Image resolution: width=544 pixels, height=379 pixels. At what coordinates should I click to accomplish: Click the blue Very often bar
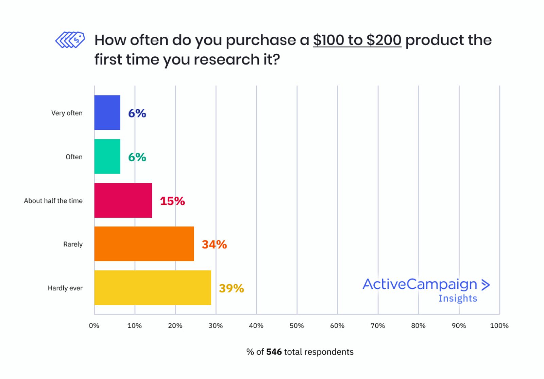[107, 113]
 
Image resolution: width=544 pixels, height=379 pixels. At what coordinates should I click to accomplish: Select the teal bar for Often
[107, 157]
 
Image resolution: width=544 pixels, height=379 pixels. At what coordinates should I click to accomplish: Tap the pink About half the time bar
[123, 200]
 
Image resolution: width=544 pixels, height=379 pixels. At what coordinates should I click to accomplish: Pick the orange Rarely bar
[144, 244]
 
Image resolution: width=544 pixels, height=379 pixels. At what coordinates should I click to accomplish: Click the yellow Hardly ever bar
[152, 288]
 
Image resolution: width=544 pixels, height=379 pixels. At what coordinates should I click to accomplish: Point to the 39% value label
[231, 288]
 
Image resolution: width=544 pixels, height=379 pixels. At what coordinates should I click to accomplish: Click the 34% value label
[214, 245]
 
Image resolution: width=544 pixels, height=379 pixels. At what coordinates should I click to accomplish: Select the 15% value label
[172, 201]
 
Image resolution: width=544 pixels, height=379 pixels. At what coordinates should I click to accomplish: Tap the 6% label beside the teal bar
[137, 157]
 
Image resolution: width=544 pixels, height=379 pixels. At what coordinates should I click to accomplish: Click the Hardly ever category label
[65, 288]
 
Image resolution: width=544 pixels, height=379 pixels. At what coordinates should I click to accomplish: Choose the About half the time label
[53, 201]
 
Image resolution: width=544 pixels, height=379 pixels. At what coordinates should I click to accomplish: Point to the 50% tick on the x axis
[296, 326]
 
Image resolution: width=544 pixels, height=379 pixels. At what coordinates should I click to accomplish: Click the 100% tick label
[499, 326]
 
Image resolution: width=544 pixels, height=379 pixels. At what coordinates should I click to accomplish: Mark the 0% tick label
[94, 326]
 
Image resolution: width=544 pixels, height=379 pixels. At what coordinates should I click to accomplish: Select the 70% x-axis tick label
[378, 326]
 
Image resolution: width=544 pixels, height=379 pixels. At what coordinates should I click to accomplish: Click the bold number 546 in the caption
[274, 352]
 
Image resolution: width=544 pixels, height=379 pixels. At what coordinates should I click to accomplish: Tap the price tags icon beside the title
[70, 40]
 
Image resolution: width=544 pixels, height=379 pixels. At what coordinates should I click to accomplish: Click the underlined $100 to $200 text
[357, 40]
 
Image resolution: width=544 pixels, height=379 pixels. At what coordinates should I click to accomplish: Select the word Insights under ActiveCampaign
[458, 298]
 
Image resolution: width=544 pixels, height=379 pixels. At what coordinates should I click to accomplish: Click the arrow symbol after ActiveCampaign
[486, 285]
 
